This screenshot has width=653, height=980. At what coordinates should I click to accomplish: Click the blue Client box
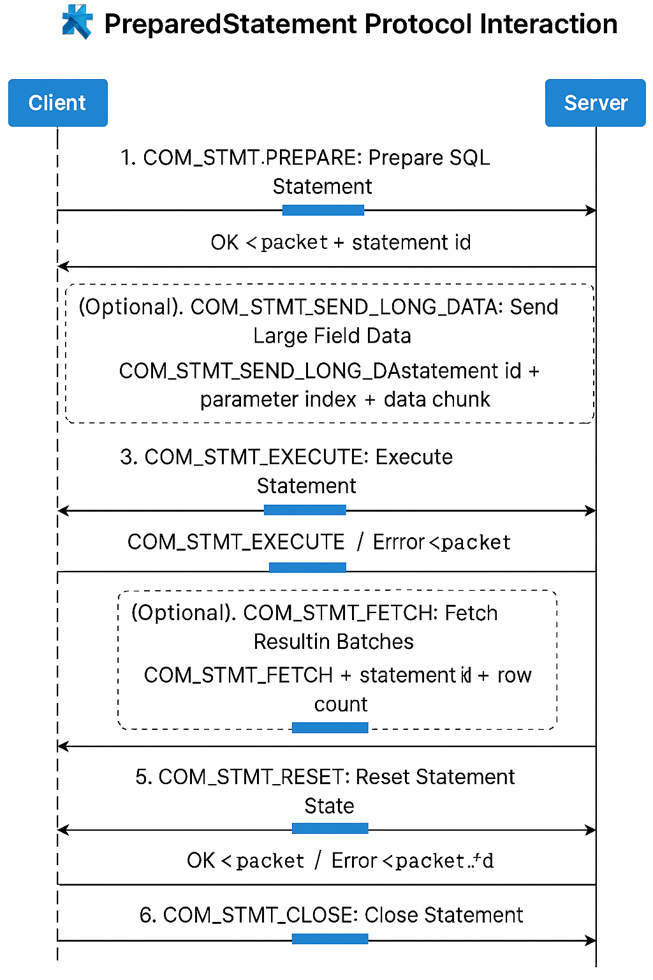point(57,103)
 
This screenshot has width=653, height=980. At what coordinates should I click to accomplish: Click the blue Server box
point(596,103)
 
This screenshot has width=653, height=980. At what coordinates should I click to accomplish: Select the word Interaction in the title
point(548,24)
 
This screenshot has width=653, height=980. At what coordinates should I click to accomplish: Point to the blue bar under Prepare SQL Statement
point(323,210)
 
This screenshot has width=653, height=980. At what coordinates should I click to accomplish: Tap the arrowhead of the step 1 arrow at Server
point(591,210)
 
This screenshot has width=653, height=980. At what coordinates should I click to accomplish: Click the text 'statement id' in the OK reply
point(411,242)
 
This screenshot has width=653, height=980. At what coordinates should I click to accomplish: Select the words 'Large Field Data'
point(332,336)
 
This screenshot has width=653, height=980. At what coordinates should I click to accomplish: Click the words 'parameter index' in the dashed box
point(278,399)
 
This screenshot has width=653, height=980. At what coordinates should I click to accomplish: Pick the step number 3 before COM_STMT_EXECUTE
point(128,457)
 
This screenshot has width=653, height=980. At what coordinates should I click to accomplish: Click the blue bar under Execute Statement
point(305,510)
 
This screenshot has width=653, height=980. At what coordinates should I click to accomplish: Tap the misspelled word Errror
point(399,542)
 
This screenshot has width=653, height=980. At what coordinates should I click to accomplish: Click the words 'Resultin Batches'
point(334,641)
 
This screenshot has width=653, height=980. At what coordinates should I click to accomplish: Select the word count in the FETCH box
point(341,704)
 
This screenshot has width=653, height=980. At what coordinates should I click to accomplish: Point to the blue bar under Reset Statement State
point(330,828)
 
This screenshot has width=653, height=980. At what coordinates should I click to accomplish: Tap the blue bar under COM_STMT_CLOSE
point(330,939)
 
